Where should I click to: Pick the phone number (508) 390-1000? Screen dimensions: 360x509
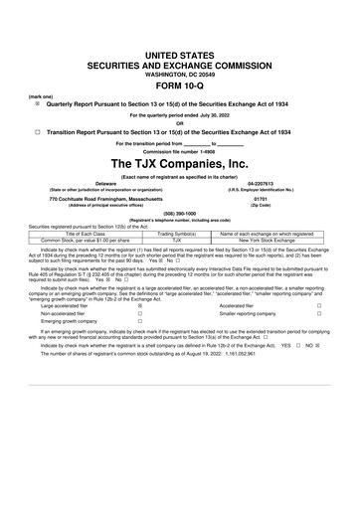179,214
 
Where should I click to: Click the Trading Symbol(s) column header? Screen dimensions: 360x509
176,232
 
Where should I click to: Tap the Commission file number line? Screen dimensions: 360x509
179,151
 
